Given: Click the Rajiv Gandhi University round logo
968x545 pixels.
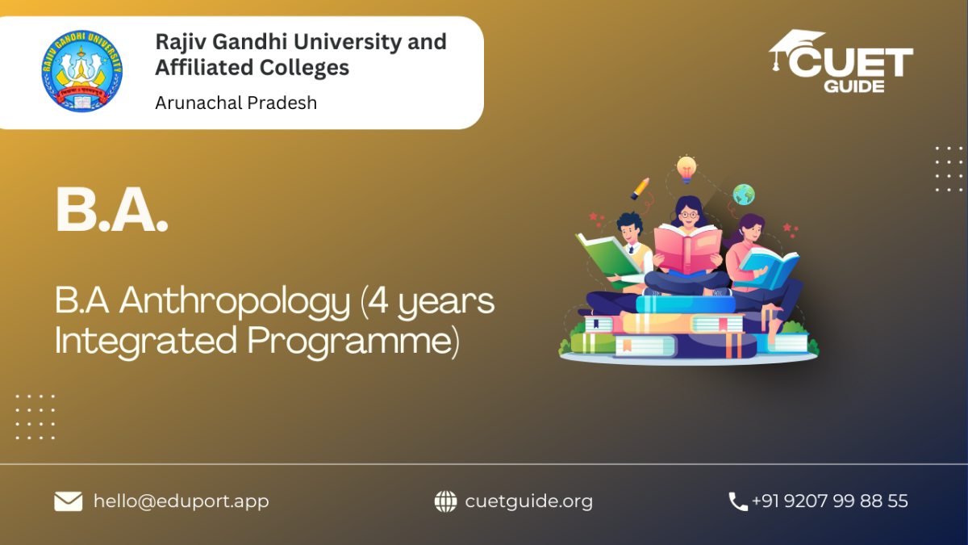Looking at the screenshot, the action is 82,71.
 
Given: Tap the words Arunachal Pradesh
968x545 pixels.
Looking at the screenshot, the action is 236,103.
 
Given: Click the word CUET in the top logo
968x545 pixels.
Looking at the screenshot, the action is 850,62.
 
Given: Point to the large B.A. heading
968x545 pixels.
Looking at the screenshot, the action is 111,210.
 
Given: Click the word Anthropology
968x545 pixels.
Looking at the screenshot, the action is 235,302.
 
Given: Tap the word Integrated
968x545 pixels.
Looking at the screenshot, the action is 146,342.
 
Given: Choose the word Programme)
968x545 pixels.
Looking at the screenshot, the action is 353,342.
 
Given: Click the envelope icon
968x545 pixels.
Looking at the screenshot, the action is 69,501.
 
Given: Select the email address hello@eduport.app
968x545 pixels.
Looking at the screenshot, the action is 181,501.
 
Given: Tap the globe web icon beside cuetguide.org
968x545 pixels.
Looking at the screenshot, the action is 445,501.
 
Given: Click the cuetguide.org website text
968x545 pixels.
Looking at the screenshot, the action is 529,501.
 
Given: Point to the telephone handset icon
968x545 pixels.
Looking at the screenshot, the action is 738,501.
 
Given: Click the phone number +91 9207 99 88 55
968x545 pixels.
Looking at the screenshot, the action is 830,501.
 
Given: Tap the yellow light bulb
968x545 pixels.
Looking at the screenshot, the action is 686,170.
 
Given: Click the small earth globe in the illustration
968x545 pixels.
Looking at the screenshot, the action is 744,195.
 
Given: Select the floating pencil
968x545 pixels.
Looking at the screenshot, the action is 640,189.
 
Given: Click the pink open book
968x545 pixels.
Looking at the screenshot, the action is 687,249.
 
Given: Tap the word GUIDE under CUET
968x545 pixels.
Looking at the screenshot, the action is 854,86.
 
